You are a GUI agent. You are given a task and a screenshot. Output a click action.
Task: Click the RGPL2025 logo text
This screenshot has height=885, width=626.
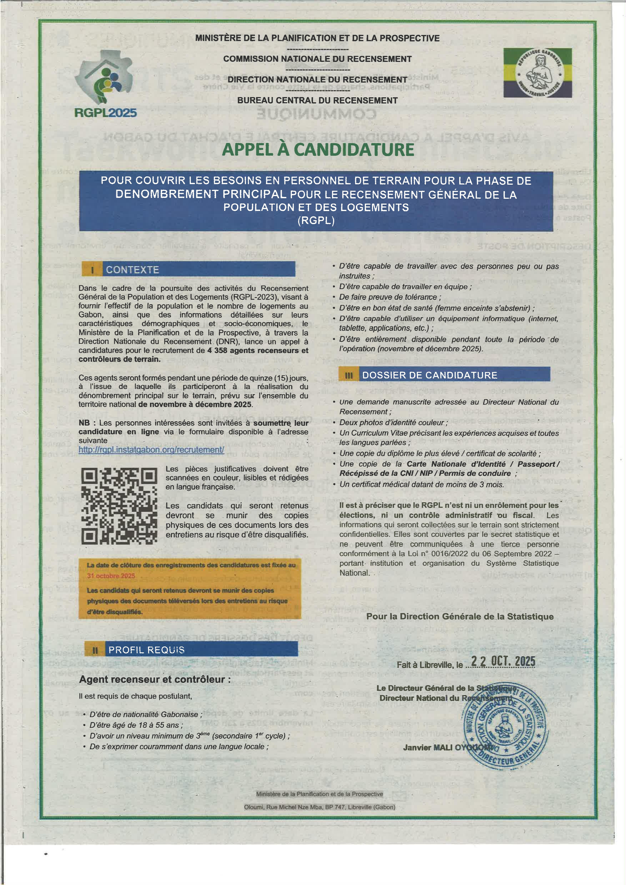tap(105, 113)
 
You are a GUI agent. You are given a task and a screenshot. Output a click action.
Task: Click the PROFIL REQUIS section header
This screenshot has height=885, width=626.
tap(147, 650)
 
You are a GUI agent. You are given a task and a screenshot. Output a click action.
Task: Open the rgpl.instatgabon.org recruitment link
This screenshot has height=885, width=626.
tap(151, 449)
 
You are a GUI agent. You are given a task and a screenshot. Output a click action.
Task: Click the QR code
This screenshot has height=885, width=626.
tap(119, 506)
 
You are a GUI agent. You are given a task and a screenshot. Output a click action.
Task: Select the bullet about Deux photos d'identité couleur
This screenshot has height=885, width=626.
tap(393, 423)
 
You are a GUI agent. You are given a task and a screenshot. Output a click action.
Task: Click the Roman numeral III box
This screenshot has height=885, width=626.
tap(349, 375)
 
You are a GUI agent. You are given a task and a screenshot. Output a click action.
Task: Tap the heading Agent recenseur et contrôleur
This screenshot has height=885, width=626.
tap(155, 679)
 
